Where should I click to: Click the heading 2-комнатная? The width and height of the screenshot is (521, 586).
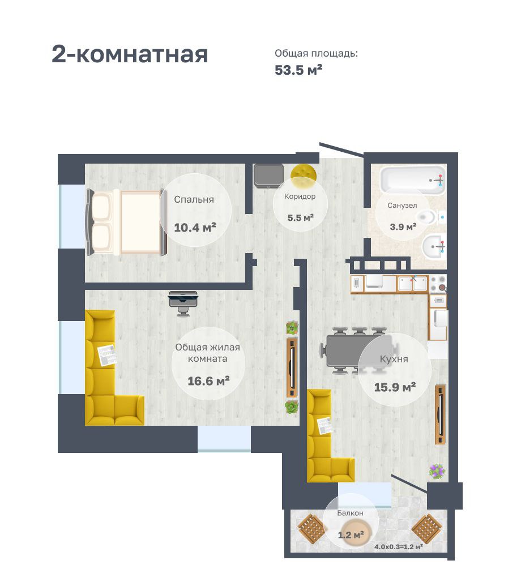130,54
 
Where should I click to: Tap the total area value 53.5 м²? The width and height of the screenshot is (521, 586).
298,70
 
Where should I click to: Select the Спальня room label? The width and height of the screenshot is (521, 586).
194,199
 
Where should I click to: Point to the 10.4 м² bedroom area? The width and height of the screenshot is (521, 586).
195,227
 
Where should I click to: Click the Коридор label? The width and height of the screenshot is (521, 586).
300,196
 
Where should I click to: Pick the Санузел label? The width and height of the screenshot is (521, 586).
402,206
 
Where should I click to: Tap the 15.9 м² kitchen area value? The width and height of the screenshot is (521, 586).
395,387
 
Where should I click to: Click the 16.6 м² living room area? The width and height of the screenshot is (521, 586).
208,381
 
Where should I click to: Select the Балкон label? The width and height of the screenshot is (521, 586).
350,513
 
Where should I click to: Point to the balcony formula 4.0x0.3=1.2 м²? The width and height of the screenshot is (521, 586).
399,547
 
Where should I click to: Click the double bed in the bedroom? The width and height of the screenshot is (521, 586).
126,222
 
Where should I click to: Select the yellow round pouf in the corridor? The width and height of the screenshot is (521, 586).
304,176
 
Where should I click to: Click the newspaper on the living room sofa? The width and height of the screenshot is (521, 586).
107,355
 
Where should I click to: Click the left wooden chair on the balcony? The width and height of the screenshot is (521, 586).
311,528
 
